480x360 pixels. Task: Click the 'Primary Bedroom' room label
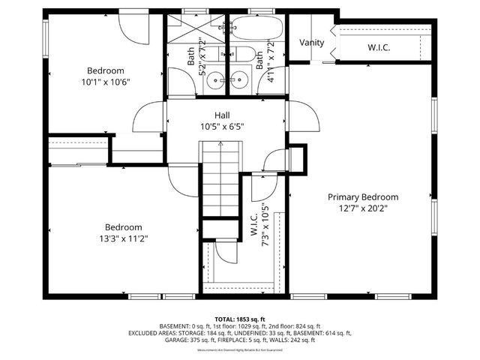point(363,197)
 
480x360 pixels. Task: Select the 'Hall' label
point(222,115)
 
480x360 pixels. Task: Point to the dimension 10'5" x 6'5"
point(222,126)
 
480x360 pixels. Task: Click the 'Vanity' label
point(312,43)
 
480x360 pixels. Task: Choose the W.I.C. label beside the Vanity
point(379,48)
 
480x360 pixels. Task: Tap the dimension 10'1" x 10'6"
point(105,82)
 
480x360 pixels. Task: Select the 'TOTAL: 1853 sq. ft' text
point(239,319)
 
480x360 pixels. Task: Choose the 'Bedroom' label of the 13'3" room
point(124,227)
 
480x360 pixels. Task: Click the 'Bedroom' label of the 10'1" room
point(105,71)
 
